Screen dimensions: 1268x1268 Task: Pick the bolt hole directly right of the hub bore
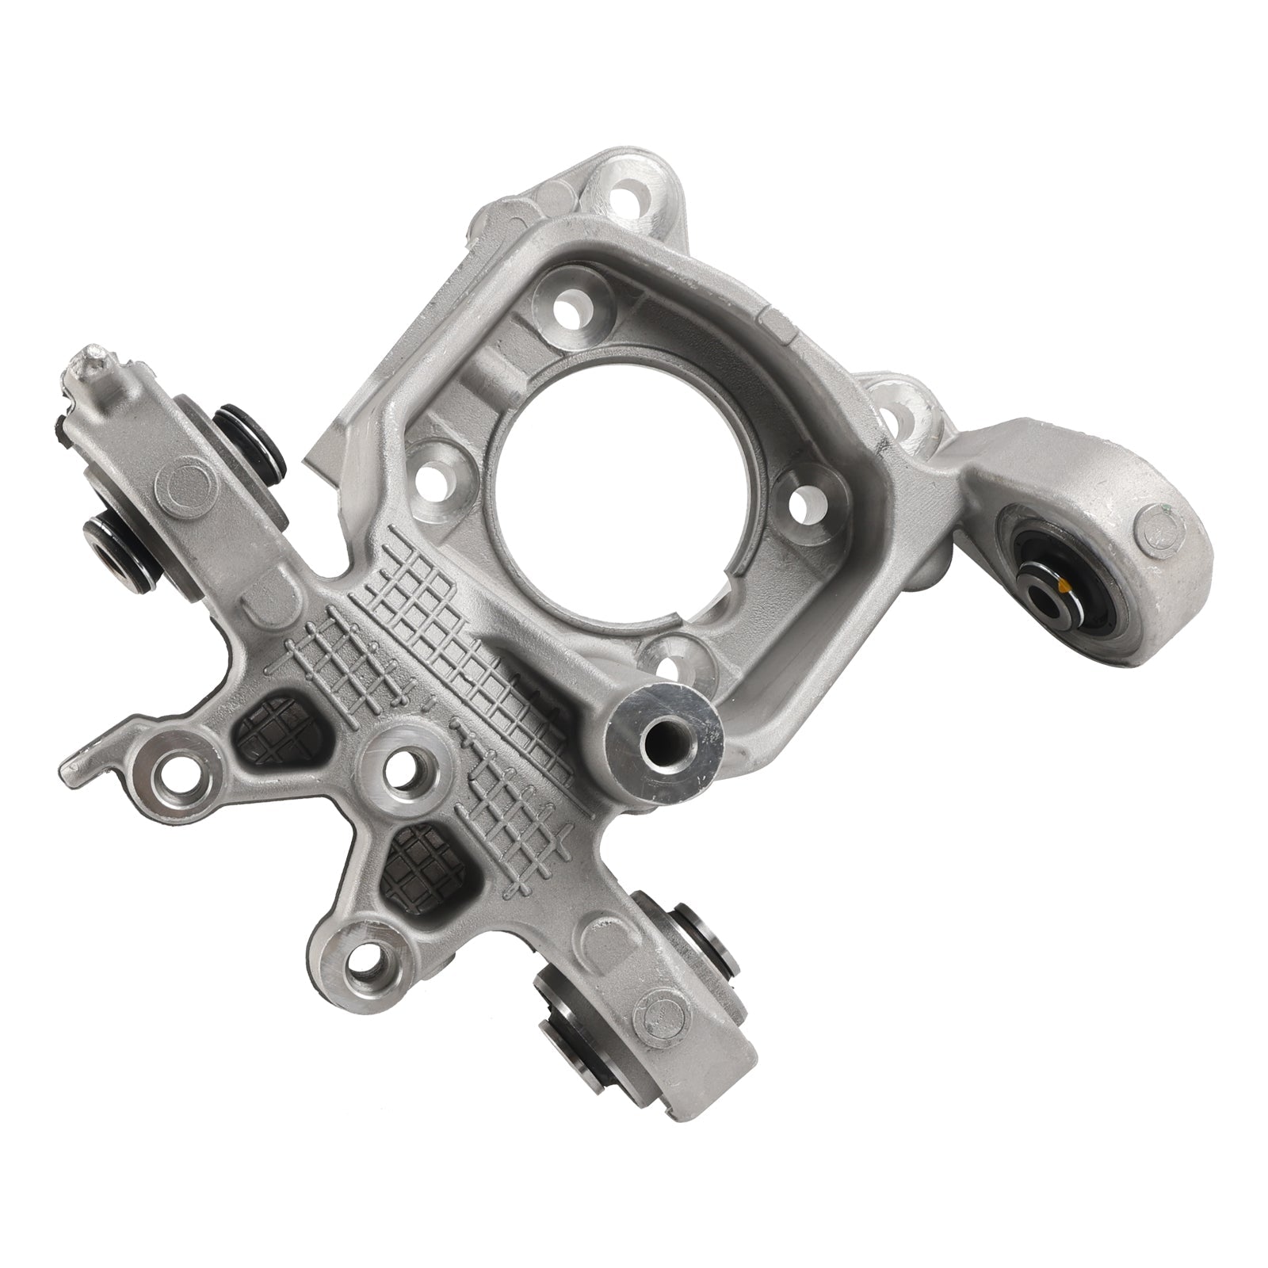[807, 500]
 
